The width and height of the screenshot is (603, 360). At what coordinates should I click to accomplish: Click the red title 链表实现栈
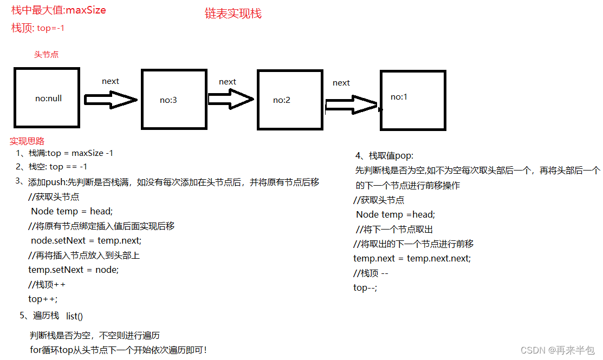click(233, 14)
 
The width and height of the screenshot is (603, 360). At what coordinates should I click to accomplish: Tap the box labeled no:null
click(47, 98)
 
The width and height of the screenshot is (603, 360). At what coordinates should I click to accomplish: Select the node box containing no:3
click(174, 99)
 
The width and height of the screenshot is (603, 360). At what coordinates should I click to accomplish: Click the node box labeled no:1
click(413, 100)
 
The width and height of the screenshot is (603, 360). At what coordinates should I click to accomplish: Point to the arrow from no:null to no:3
click(111, 100)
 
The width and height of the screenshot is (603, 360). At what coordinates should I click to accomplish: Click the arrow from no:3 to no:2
click(231, 99)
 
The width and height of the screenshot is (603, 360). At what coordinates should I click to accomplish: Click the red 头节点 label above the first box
click(46, 55)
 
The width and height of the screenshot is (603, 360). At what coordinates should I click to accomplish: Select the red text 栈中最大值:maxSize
click(59, 10)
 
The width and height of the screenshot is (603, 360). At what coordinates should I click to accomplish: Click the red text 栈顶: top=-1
click(38, 28)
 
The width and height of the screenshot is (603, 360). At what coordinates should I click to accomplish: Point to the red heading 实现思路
click(27, 141)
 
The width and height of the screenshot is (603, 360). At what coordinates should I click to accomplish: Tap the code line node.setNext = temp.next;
click(86, 240)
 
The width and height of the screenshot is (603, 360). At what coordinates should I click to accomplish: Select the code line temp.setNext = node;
click(73, 270)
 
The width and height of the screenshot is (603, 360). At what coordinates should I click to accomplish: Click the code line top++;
click(43, 299)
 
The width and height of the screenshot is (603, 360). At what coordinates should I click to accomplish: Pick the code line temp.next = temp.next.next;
click(412, 258)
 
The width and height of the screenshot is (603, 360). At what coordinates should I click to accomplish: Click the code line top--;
click(365, 287)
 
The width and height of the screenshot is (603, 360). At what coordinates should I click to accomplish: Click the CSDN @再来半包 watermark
click(557, 350)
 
